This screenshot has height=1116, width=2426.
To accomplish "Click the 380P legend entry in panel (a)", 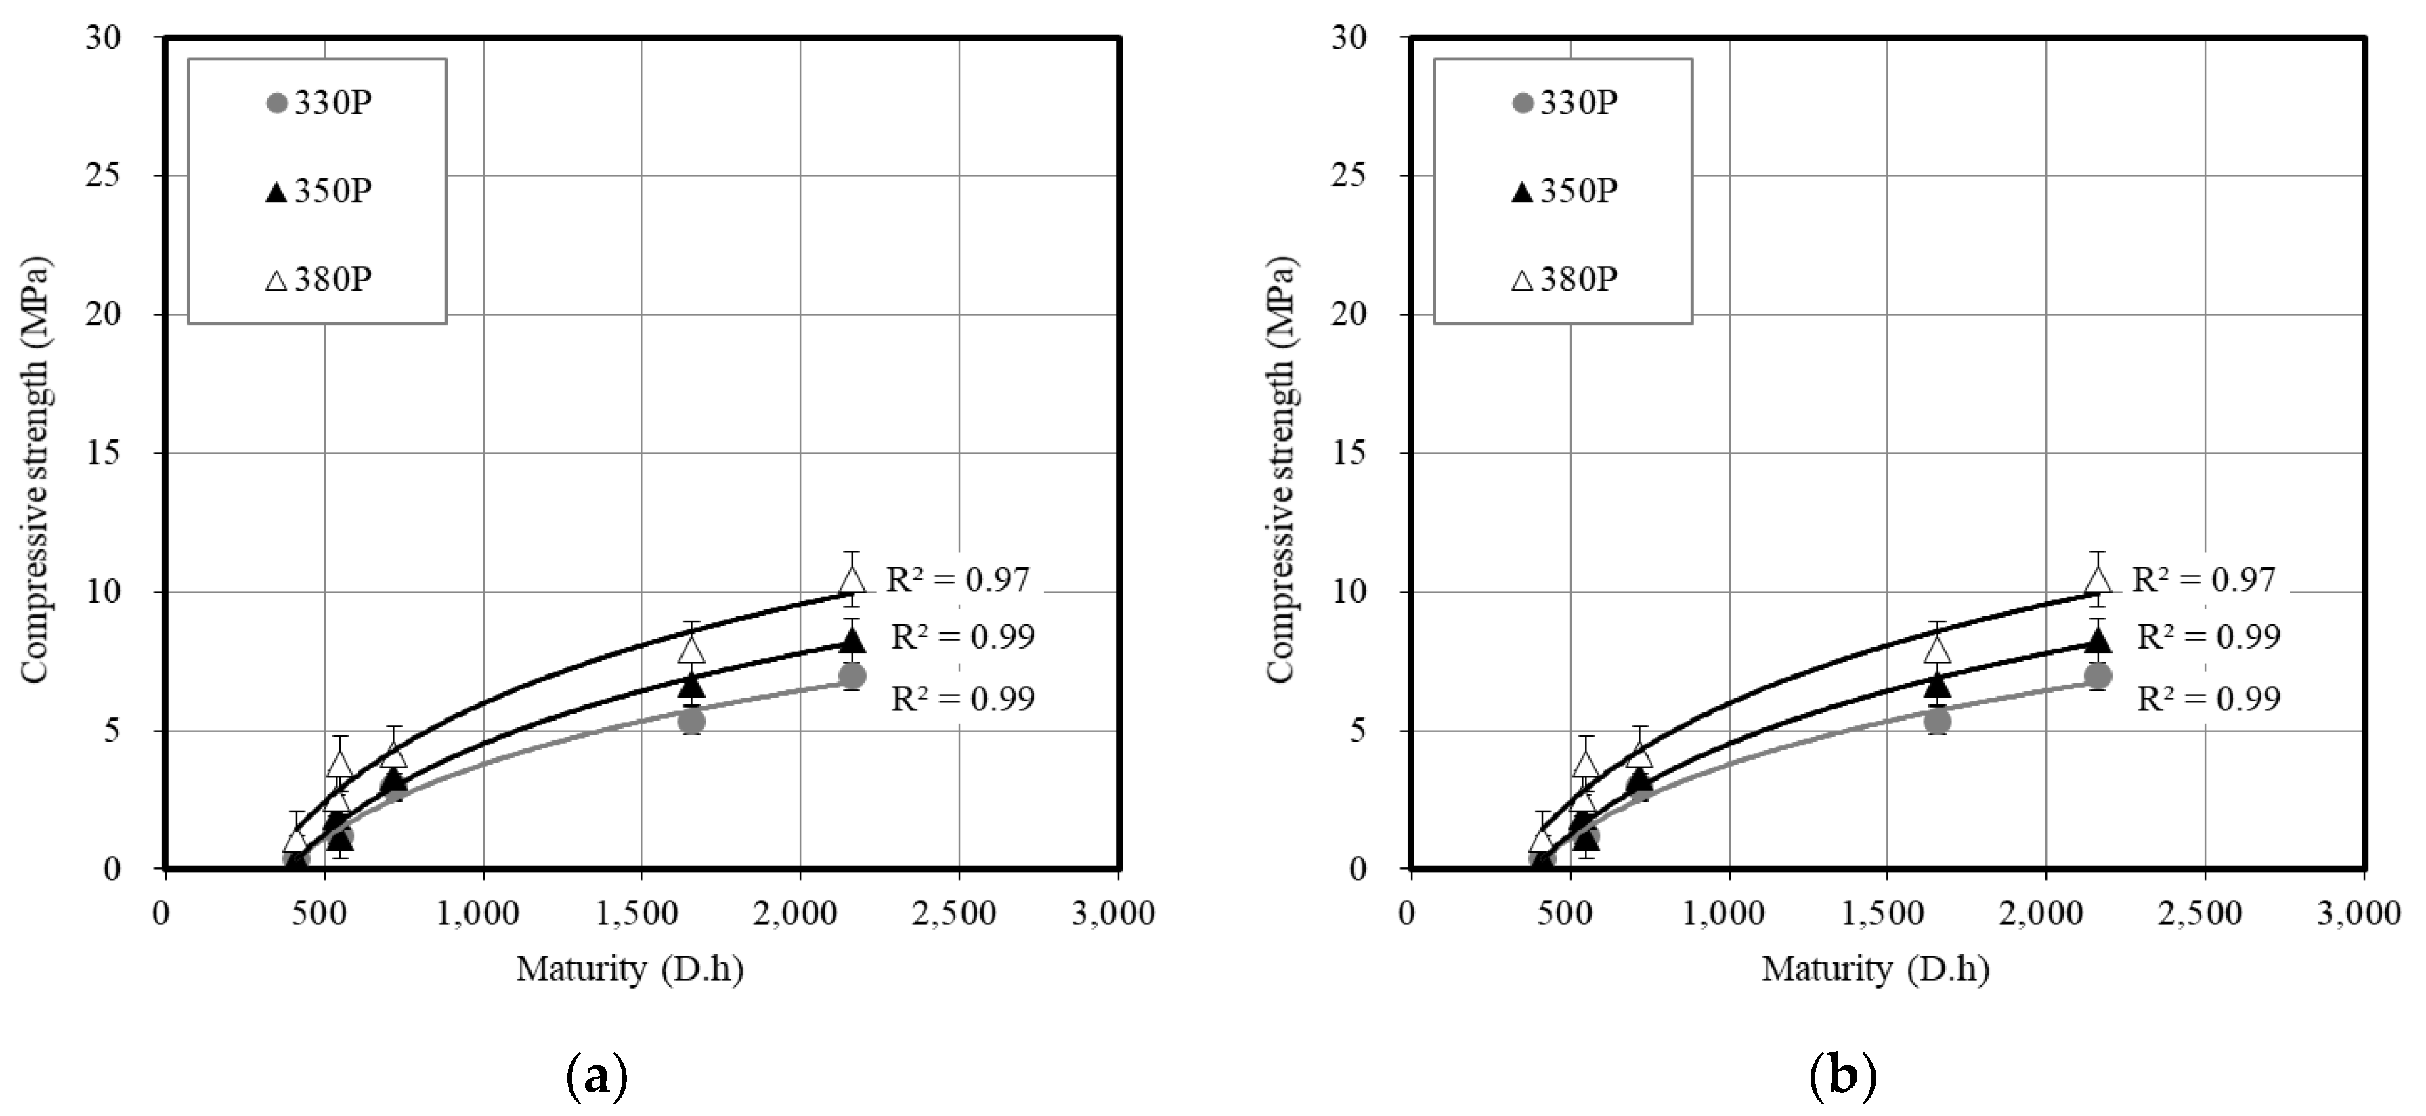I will pos(320,280).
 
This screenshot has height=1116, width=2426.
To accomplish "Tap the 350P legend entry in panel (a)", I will pos(320,191).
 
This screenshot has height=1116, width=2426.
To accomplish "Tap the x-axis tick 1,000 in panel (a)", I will pos(483,914).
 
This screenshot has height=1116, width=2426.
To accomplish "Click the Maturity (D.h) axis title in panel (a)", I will pos(629,969).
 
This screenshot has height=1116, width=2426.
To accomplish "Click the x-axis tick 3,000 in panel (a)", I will pos(1113,914).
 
